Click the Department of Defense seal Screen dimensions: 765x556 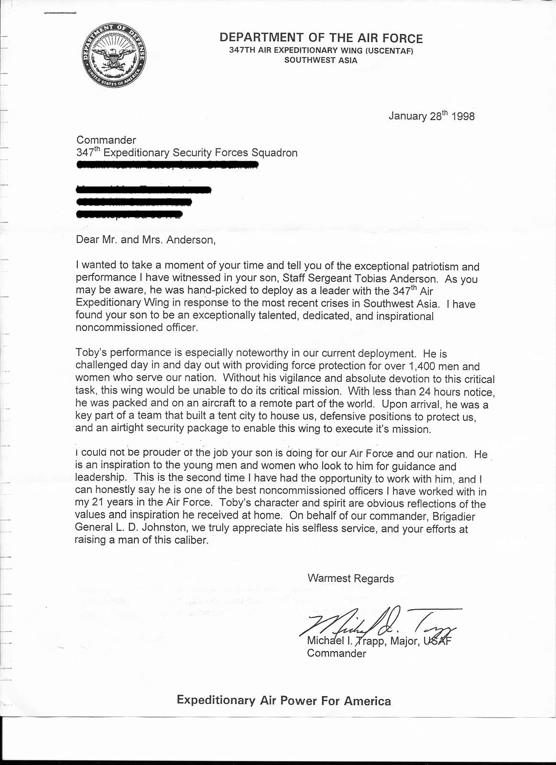tap(113, 57)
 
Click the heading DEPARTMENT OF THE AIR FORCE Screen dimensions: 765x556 tap(321, 38)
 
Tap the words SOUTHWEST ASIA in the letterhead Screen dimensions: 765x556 tap(320, 60)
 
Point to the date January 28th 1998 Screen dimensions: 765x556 tap(431, 116)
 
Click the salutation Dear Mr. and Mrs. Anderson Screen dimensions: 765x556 tap(146, 240)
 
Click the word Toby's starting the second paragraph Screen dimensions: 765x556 tap(89, 353)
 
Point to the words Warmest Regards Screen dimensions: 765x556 tap(351, 579)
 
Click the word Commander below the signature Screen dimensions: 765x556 tap(337, 654)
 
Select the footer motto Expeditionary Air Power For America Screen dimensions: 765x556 tap(283, 700)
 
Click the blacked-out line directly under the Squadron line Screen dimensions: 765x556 tap(167, 166)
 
